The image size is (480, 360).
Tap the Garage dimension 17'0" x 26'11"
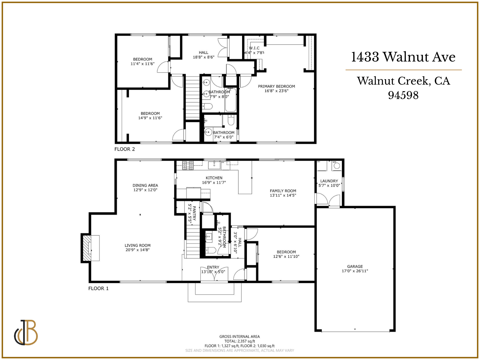click(355, 271)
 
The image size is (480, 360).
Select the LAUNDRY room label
click(329, 181)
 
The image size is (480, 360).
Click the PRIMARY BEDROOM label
click(276, 86)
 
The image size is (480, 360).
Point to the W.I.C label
click(254, 48)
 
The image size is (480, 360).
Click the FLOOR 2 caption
click(124, 149)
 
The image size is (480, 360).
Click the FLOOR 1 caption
click(98, 288)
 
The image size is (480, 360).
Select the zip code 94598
click(403, 95)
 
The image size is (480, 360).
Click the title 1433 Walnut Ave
click(403, 57)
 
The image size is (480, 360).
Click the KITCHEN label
click(214, 178)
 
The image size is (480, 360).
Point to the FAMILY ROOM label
click(283, 191)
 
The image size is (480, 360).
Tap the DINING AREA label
click(145, 185)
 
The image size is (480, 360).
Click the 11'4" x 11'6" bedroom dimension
click(142, 64)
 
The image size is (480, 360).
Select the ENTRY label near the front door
click(213, 267)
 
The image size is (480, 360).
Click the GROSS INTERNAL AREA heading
click(239, 337)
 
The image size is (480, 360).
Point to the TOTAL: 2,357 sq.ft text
click(239, 341)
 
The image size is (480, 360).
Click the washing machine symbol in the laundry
click(337, 165)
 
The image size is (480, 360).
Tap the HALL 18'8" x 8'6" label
click(203, 52)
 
